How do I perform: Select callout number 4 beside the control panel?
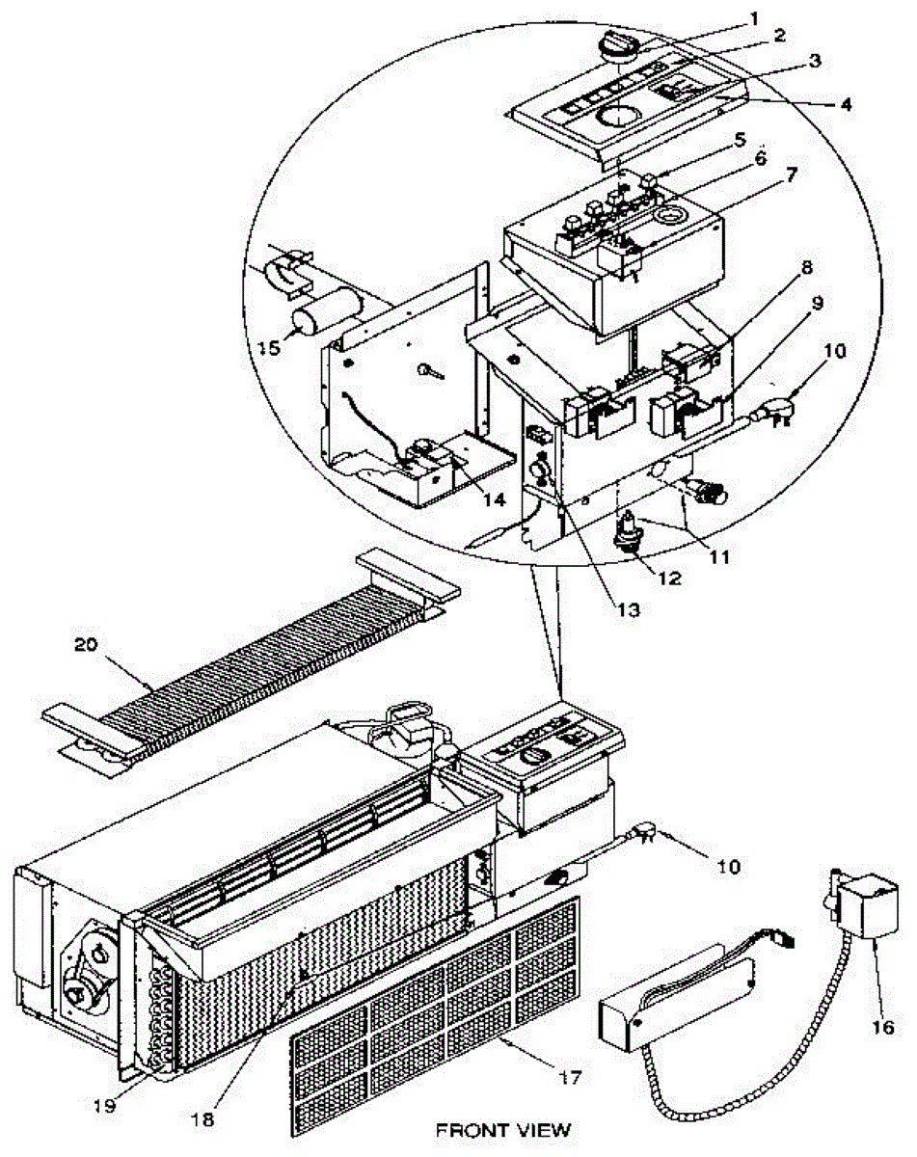(845, 104)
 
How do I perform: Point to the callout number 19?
(104, 1106)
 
